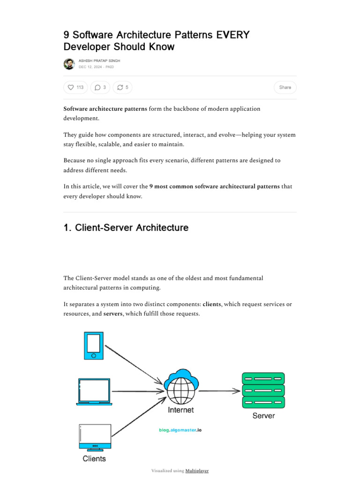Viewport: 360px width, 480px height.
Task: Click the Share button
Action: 285,87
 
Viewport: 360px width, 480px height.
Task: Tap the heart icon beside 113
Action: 71,87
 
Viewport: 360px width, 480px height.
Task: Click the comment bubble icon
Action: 97,87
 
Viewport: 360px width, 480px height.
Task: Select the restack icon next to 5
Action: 120,87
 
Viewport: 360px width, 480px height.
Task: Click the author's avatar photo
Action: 69,64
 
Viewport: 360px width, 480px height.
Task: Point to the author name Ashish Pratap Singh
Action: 99,61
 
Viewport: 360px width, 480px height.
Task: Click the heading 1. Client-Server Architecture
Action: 126,228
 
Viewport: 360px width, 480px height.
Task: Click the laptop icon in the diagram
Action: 94,391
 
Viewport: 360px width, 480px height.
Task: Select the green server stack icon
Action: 263,390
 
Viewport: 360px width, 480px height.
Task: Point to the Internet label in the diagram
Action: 181,410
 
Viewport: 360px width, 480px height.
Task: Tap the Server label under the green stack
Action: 263,415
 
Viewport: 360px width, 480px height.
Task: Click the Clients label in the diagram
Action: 94,458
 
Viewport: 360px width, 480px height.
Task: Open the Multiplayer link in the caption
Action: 197,471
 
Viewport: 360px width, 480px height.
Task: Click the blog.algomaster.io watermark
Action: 180,429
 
